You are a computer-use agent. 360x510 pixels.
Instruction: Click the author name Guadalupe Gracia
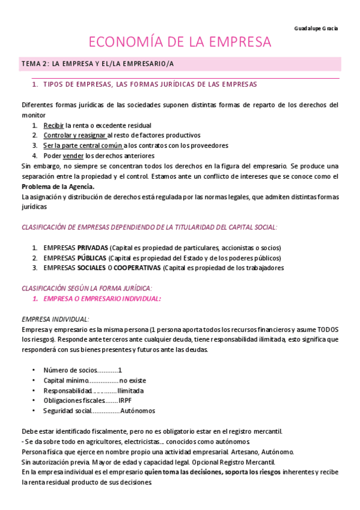317,28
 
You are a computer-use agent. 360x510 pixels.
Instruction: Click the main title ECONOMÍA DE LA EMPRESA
180,43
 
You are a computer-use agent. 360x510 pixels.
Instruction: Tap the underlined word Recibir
53,125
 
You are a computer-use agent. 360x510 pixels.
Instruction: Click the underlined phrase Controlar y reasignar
70,135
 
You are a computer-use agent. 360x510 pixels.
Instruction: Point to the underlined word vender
73,155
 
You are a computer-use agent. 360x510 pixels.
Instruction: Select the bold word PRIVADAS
93,248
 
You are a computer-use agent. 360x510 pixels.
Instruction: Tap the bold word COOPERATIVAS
138,268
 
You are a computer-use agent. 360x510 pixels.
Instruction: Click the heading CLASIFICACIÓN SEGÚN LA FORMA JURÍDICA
87,288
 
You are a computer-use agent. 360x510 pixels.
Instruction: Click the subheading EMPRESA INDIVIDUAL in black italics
55,319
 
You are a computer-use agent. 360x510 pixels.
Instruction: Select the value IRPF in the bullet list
125,401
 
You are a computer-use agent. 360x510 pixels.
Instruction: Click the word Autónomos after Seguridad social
138,411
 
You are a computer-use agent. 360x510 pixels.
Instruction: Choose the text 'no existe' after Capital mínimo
132,380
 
